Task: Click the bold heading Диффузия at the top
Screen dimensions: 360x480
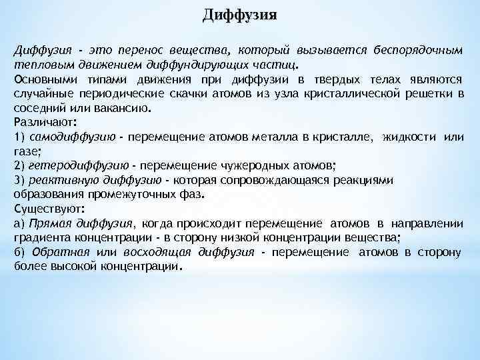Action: pyautogui.click(x=240, y=15)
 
